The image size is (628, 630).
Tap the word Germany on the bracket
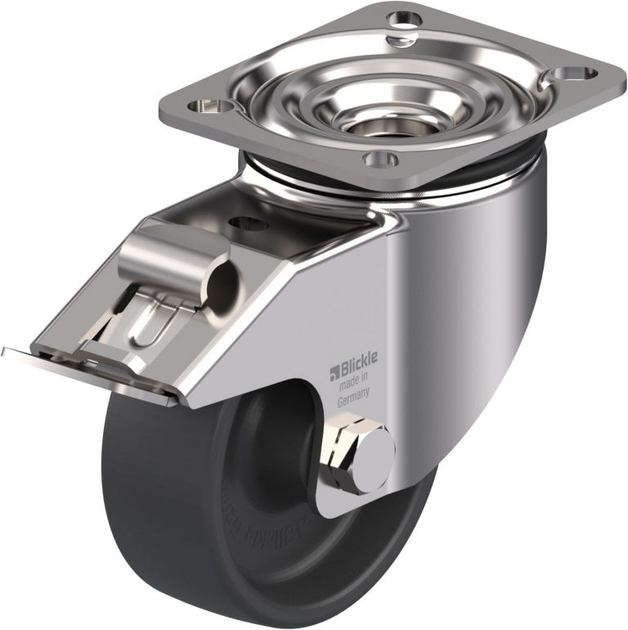coord(356,401)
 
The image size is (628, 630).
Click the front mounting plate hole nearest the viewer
coord(384,158)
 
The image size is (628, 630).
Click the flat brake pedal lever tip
coord(33,356)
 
